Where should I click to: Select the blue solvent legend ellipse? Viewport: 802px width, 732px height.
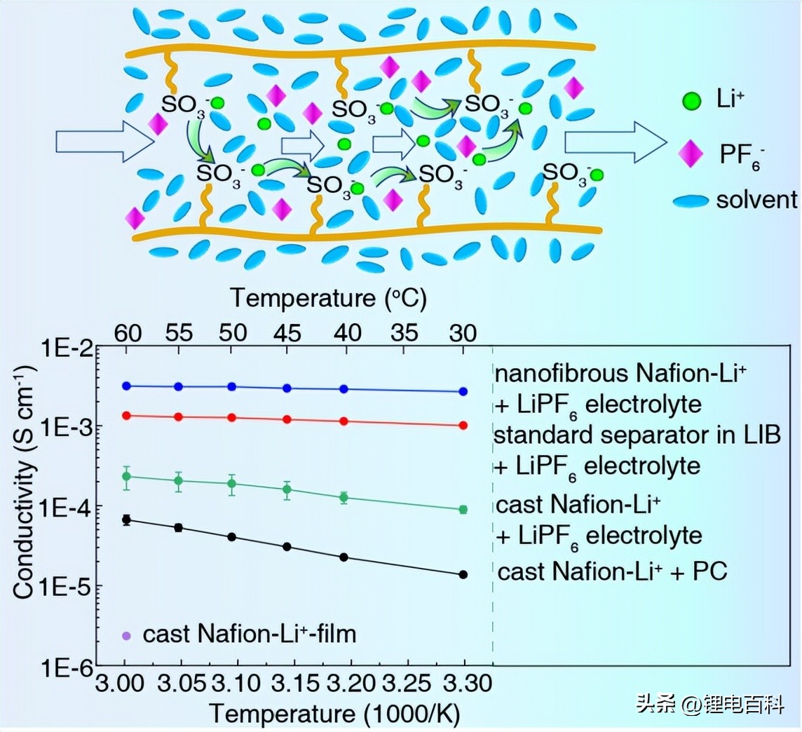[691, 202]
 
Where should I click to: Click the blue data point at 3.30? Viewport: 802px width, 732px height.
[463, 391]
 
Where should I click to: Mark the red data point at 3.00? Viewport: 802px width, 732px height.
[127, 415]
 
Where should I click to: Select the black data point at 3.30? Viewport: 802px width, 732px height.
[463, 574]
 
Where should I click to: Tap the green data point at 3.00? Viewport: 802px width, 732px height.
[127, 476]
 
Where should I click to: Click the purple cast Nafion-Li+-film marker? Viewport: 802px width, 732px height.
[127, 636]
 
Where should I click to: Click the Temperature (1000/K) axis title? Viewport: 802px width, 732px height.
[335, 714]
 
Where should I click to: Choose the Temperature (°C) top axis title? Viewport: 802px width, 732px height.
[328, 298]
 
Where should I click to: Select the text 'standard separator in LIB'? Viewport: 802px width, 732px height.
[638, 435]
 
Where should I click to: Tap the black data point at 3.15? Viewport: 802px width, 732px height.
[287, 546]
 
